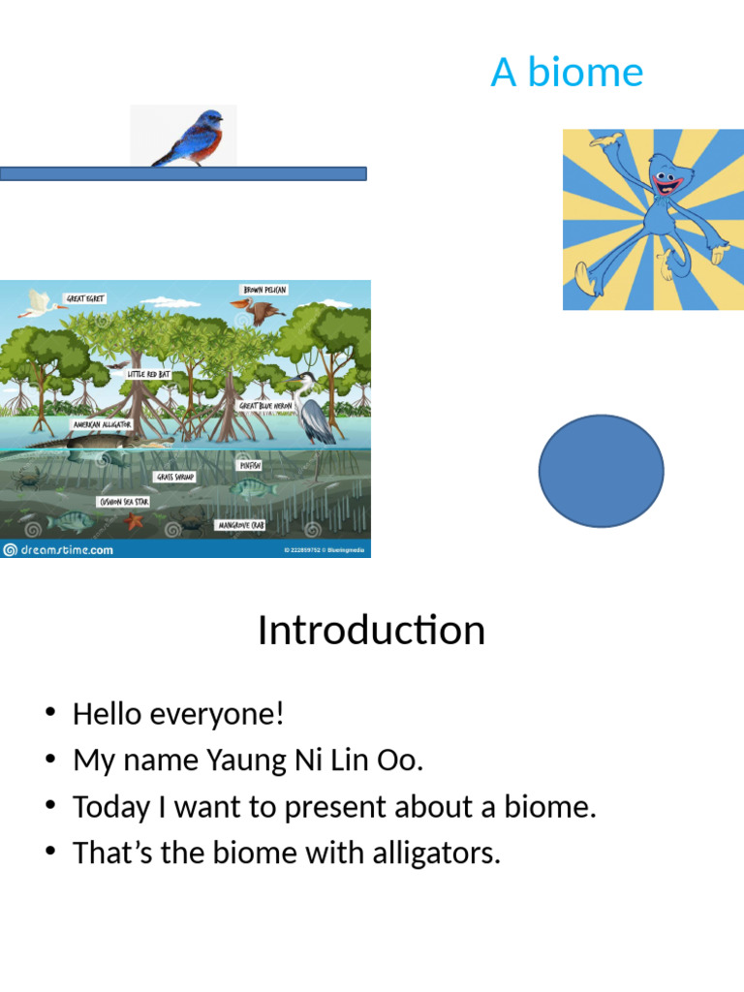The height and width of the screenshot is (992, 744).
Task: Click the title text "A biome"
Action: coord(567,73)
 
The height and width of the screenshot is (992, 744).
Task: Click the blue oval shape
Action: coord(601,471)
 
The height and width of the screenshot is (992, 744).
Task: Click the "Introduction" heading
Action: coord(371,631)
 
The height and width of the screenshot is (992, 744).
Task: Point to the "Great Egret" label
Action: coord(85,298)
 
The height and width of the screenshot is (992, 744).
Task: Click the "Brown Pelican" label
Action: coord(263,290)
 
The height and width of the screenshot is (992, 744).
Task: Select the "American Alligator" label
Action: coord(102,424)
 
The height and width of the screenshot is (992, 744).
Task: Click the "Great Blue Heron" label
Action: coord(265,406)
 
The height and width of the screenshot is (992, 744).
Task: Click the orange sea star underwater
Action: coord(133,521)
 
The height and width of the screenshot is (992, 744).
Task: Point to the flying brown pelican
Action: coord(257,312)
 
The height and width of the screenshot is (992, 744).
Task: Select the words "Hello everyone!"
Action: coord(178,715)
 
